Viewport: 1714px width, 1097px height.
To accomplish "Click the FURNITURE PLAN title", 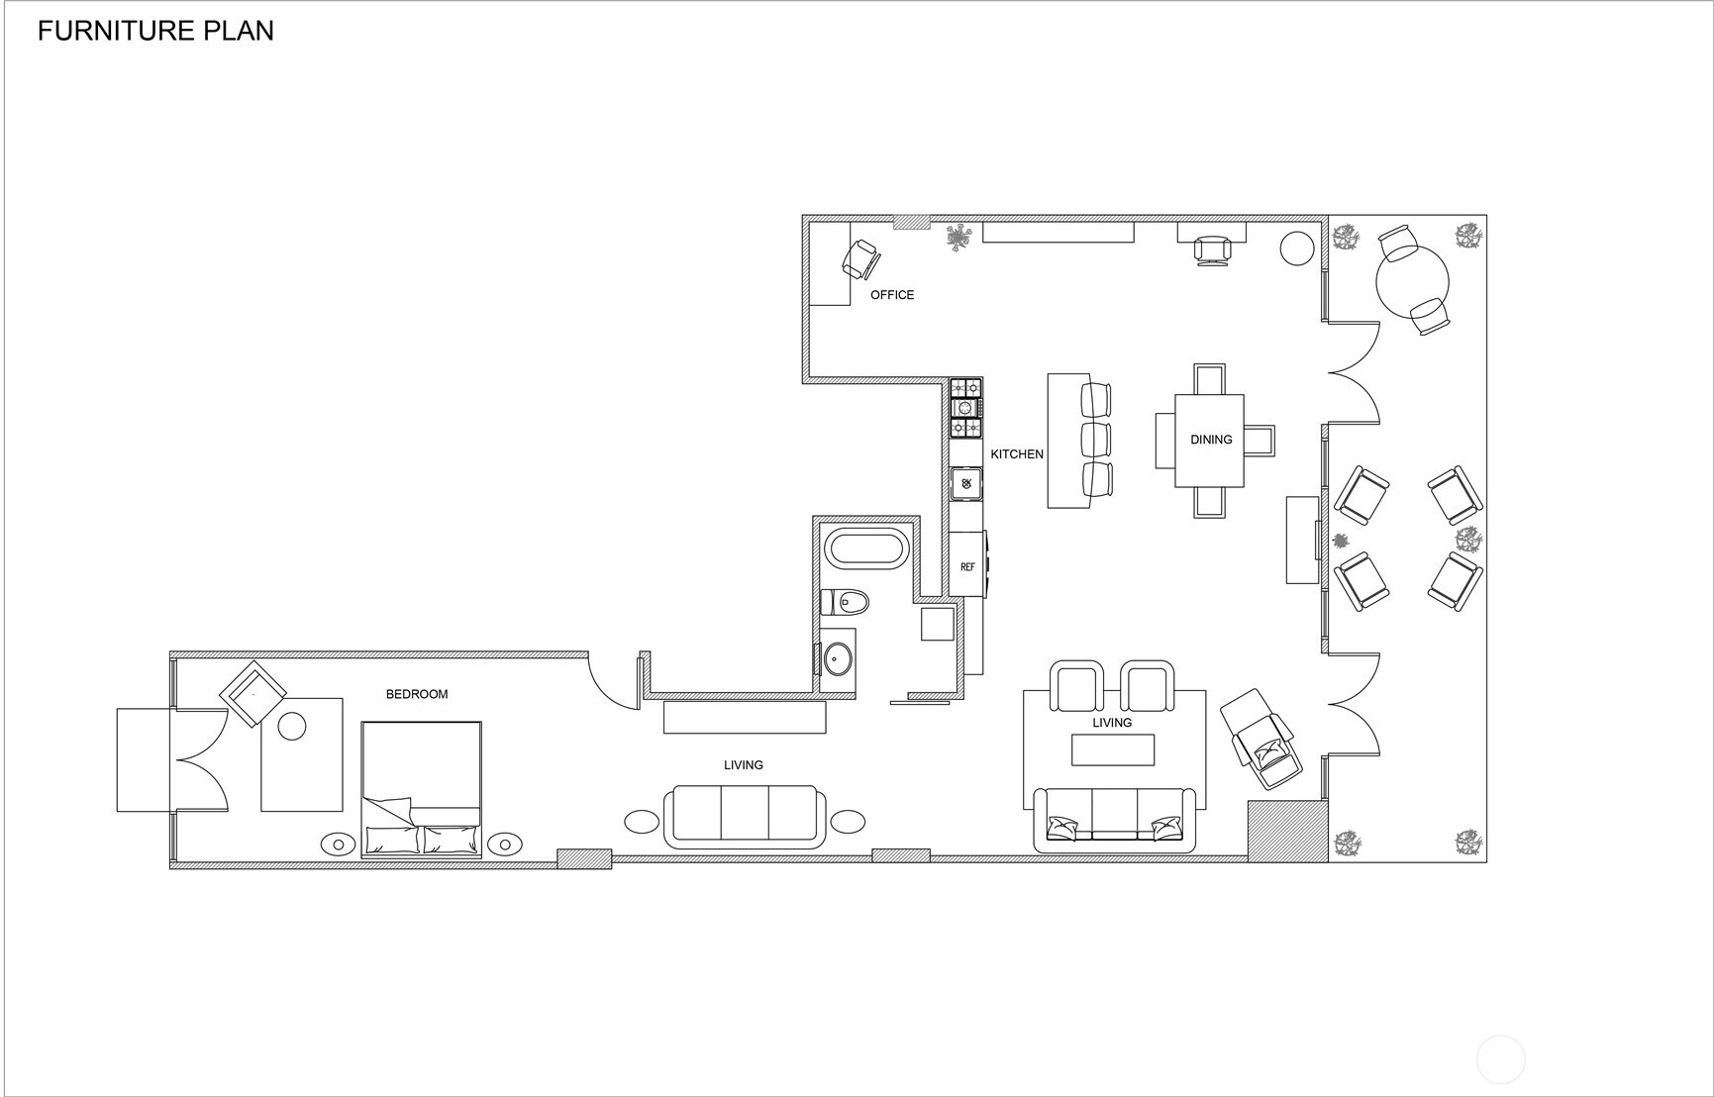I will [x=155, y=32].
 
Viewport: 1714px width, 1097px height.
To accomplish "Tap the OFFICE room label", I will [x=891, y=295].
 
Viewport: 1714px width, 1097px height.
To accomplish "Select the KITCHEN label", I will [x=1017, y=454].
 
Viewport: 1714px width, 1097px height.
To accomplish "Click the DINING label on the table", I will [x=1210, y=440].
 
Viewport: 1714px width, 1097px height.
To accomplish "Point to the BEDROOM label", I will [x=417, y=694].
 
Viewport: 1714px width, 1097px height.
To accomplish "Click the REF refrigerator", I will [x=966, y=565].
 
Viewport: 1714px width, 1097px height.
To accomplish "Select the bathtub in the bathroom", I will [x=864, y=550].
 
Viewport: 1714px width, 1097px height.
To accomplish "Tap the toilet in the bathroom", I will [x=846, y=602].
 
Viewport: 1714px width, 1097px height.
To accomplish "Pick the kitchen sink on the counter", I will [x=966, y=483].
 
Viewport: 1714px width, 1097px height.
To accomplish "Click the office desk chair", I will [x=861, y=259].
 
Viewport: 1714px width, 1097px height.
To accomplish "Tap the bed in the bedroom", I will [x=422, y=787].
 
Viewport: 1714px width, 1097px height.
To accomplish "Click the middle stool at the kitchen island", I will [x=1096, y=439].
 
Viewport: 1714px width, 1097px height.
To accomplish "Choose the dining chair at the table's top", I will [x=1210, y=379].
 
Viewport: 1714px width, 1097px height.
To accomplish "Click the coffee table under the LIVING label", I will [x=1113, y=749].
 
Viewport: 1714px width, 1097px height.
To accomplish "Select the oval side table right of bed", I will [x=505, y=845].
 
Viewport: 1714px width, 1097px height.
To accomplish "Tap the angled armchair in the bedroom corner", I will [x=253, y=692].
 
